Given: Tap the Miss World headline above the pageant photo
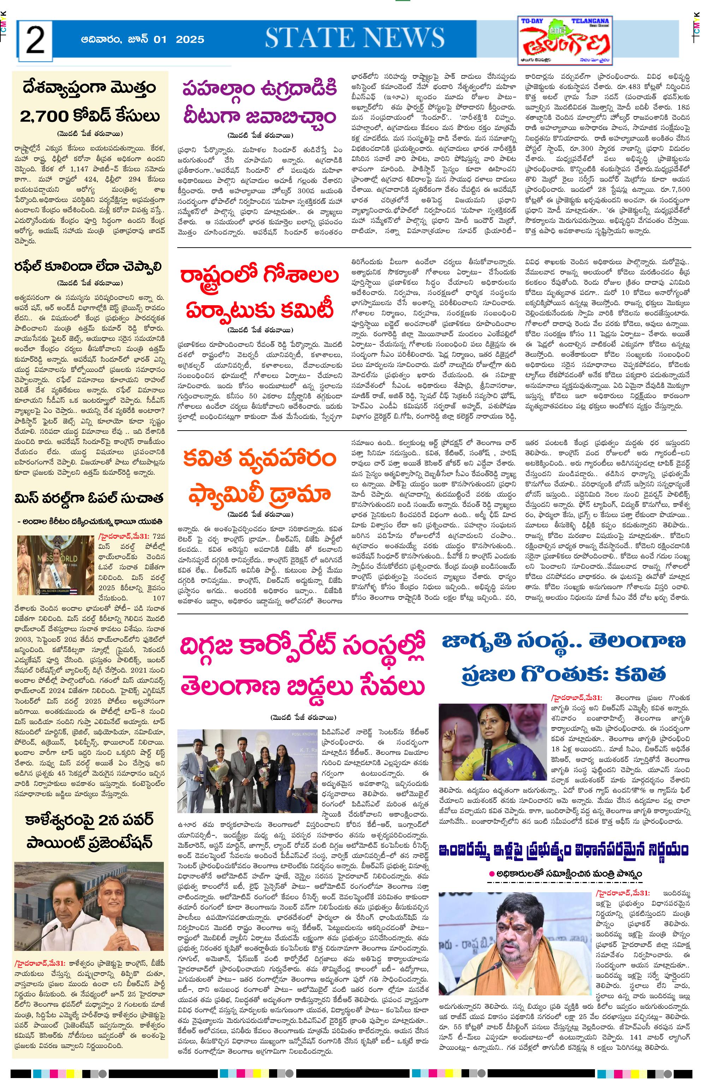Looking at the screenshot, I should (x=89, y=499).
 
